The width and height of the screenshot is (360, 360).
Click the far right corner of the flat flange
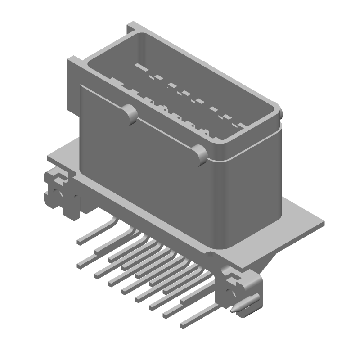tap(324, 221)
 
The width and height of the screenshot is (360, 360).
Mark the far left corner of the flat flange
tap(49, 158)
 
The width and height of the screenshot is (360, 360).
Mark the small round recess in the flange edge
tap(209, 254)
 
